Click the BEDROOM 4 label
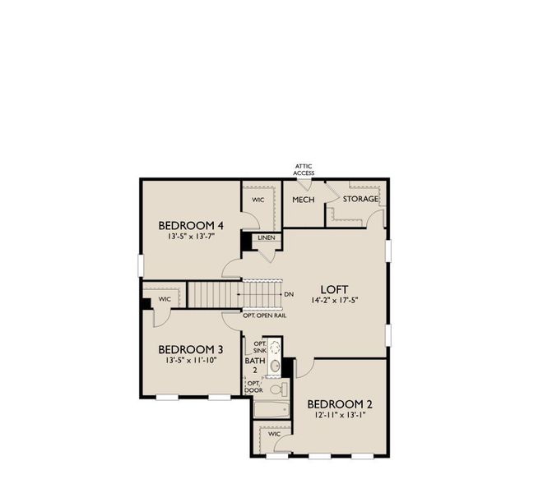tap(191, 225)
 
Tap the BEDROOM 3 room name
tap(191, 348)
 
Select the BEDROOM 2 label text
tap(340, 404)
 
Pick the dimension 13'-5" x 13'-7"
tap(191, 237)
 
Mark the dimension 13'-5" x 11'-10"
tap(191, 360)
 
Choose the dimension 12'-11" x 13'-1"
tap(340, 417)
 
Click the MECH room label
tap(304, 200)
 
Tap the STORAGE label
tap(360, 199)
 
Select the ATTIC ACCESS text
tap(304, 170)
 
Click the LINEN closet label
tap(266, 238)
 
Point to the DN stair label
tap(289, 294)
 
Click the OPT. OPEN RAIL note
tap(264, 315)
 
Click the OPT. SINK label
tap(259, 348)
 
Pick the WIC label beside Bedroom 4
tap(258, 200)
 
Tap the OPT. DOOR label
tap(254, 386)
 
